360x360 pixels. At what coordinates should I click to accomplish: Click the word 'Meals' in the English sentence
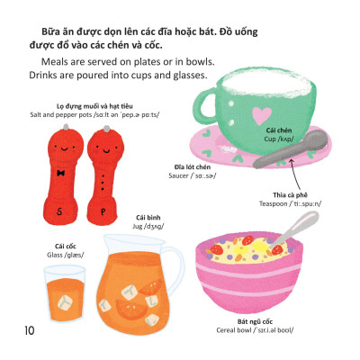click(58, 60)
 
